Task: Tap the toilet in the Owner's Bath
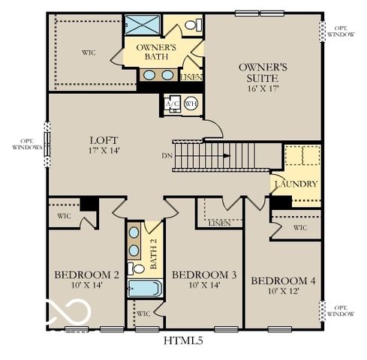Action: click(x=191, y=25)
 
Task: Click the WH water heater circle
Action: click(x=190, y=104)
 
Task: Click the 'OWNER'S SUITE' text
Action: click(x=259, y=72)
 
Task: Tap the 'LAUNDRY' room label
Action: click(x=296, y=184)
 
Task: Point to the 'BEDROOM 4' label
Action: click(x=283, y=281)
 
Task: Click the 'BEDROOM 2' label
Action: click(x=87, y=275)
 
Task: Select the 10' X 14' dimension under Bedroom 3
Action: click(x=203, y=286)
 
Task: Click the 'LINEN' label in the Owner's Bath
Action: click(x=191, y=76)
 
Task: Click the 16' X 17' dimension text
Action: click(x=259, y=88)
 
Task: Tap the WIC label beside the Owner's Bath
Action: click(x=89, y=52)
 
